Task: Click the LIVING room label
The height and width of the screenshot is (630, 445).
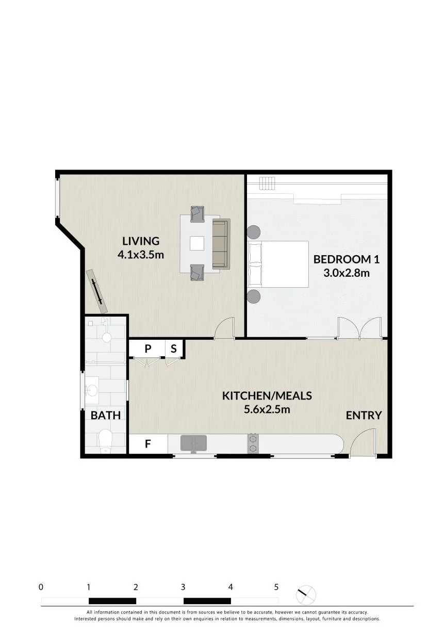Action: coord(141,241)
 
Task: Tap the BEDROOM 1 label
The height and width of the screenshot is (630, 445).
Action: coord(347,259)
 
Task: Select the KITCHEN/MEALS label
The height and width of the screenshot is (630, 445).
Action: coord(267,396)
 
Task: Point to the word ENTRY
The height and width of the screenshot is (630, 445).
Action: coord(364,416)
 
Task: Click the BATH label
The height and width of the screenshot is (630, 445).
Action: coord(106,416)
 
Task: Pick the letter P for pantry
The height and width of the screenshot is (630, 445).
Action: coord(147,349)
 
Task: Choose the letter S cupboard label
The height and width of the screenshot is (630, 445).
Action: coord(174,349)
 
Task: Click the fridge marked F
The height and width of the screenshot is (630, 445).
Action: coord(147,444)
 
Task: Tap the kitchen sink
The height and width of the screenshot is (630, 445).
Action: coord(193,443)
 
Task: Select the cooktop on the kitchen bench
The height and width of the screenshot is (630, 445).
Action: coord(252,443)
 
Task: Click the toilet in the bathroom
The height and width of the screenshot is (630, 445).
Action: coord(106,441)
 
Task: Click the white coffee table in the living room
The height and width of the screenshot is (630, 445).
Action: coord(197,243)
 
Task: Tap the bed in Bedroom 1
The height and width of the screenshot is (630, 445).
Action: coord(278,264)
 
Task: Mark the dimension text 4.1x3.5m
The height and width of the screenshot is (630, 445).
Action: coord(141,255)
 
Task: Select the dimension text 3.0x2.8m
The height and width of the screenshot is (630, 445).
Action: coord(347,273)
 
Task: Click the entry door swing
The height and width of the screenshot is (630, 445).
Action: coord(364,441)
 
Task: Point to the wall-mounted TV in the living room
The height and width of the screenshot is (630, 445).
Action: coord(97,291)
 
